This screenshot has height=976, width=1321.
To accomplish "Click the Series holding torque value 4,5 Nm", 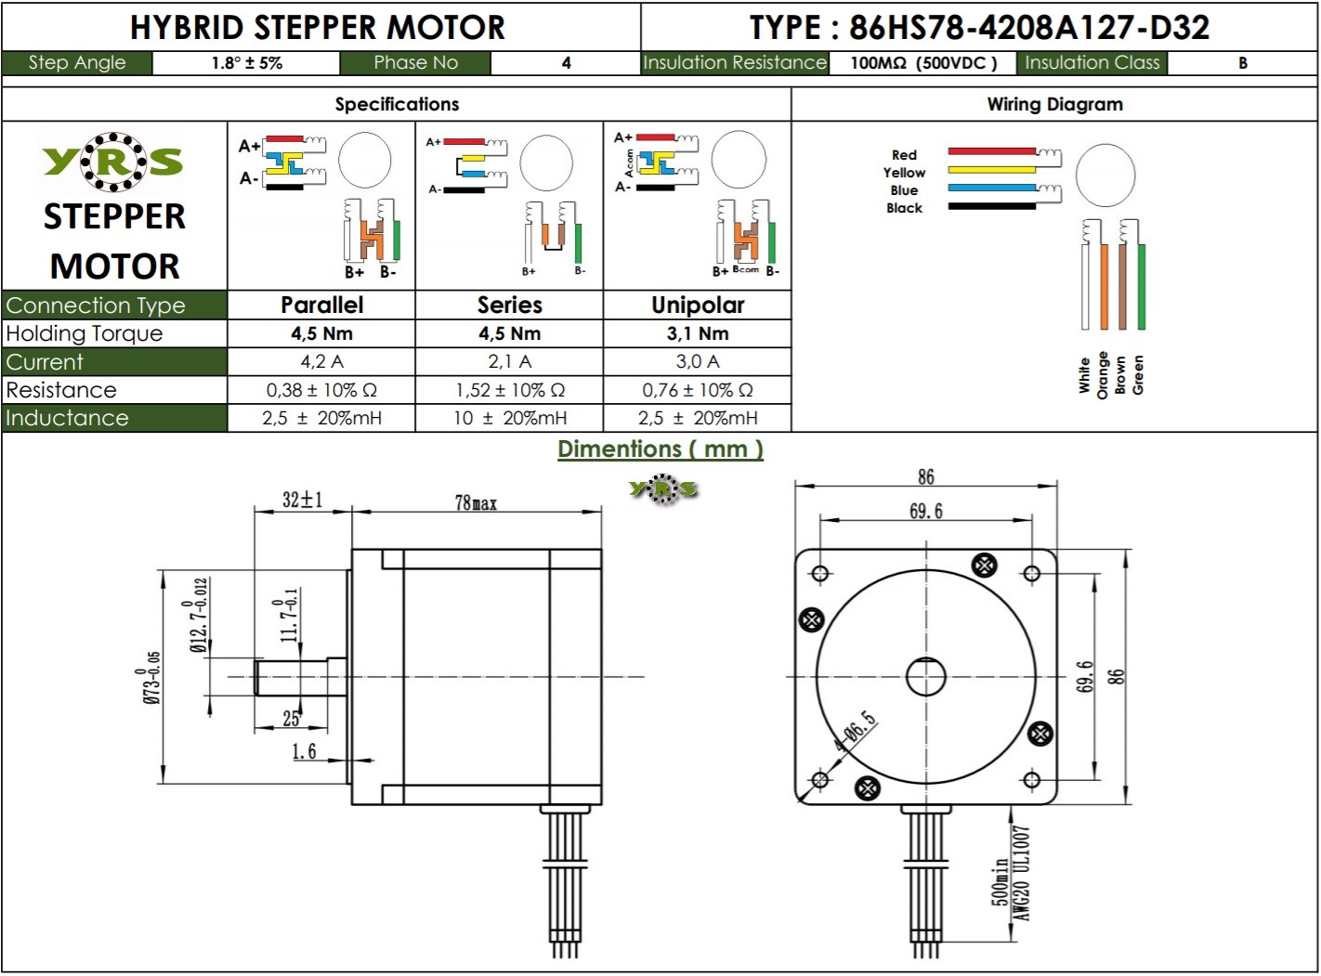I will coord(509,333).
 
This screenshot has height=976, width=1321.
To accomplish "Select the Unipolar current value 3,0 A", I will coord(698,361).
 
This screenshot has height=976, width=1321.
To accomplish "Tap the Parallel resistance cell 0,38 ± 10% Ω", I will coord(321,390).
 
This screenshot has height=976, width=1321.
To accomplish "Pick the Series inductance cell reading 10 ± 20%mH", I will coord(509,418).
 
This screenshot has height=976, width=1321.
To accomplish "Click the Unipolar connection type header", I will coord(698,305).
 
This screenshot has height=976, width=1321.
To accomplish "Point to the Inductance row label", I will coord(67,418).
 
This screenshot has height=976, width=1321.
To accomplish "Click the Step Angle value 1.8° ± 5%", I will coord(246,63).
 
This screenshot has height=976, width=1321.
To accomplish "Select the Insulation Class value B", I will coord(1242,63).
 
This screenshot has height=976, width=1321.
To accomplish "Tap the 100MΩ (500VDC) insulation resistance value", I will coord(923,63).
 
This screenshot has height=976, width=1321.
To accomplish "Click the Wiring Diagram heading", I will coord(1054,104).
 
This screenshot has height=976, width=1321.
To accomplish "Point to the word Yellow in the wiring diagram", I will coord(904,173).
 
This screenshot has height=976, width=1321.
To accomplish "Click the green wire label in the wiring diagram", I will coord(1139,374).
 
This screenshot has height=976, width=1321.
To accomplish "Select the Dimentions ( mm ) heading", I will coord(660,449).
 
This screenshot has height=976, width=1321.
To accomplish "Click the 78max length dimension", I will coord(476,502).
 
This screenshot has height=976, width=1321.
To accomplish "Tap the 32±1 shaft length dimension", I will coord(303,500).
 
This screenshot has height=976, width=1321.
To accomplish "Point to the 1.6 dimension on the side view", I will coord(304,751).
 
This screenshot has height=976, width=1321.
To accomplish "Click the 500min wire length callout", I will coord(1001,881).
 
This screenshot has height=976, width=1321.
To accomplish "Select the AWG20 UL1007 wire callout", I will coord(1022,874).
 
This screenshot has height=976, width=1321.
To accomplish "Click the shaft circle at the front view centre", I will coord(925,676).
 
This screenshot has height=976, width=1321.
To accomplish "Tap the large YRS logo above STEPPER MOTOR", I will coord(113,162).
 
